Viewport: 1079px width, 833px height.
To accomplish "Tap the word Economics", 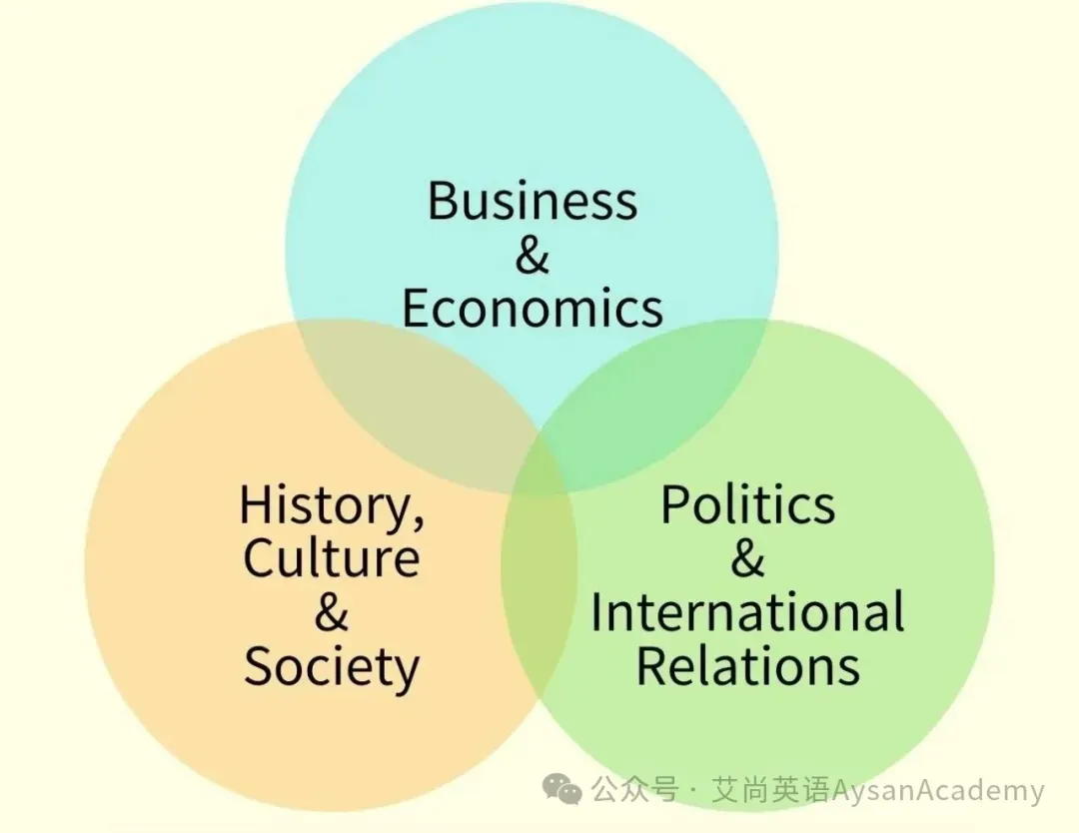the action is click(x=532, y=309).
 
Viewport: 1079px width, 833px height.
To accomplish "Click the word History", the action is click(x=326, y=505).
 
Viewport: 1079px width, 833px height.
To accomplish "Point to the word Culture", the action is click(x=331, y=558).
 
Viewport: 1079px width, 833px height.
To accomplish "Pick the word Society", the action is click(x=332, y=667).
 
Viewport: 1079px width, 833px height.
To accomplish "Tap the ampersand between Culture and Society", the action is click(x=332, y=612).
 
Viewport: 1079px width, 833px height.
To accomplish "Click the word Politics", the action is click(x=747, y=505).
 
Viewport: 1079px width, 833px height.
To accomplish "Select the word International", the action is click(x=747, y=612).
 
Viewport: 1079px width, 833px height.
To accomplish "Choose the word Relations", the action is click(x=747, y=667).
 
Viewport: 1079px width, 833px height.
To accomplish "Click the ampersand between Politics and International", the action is click(x=747, y=558).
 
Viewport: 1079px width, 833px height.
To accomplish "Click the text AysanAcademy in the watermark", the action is click(x=937, y=792).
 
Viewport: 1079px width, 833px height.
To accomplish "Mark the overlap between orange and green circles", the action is click(x=539, y=599).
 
